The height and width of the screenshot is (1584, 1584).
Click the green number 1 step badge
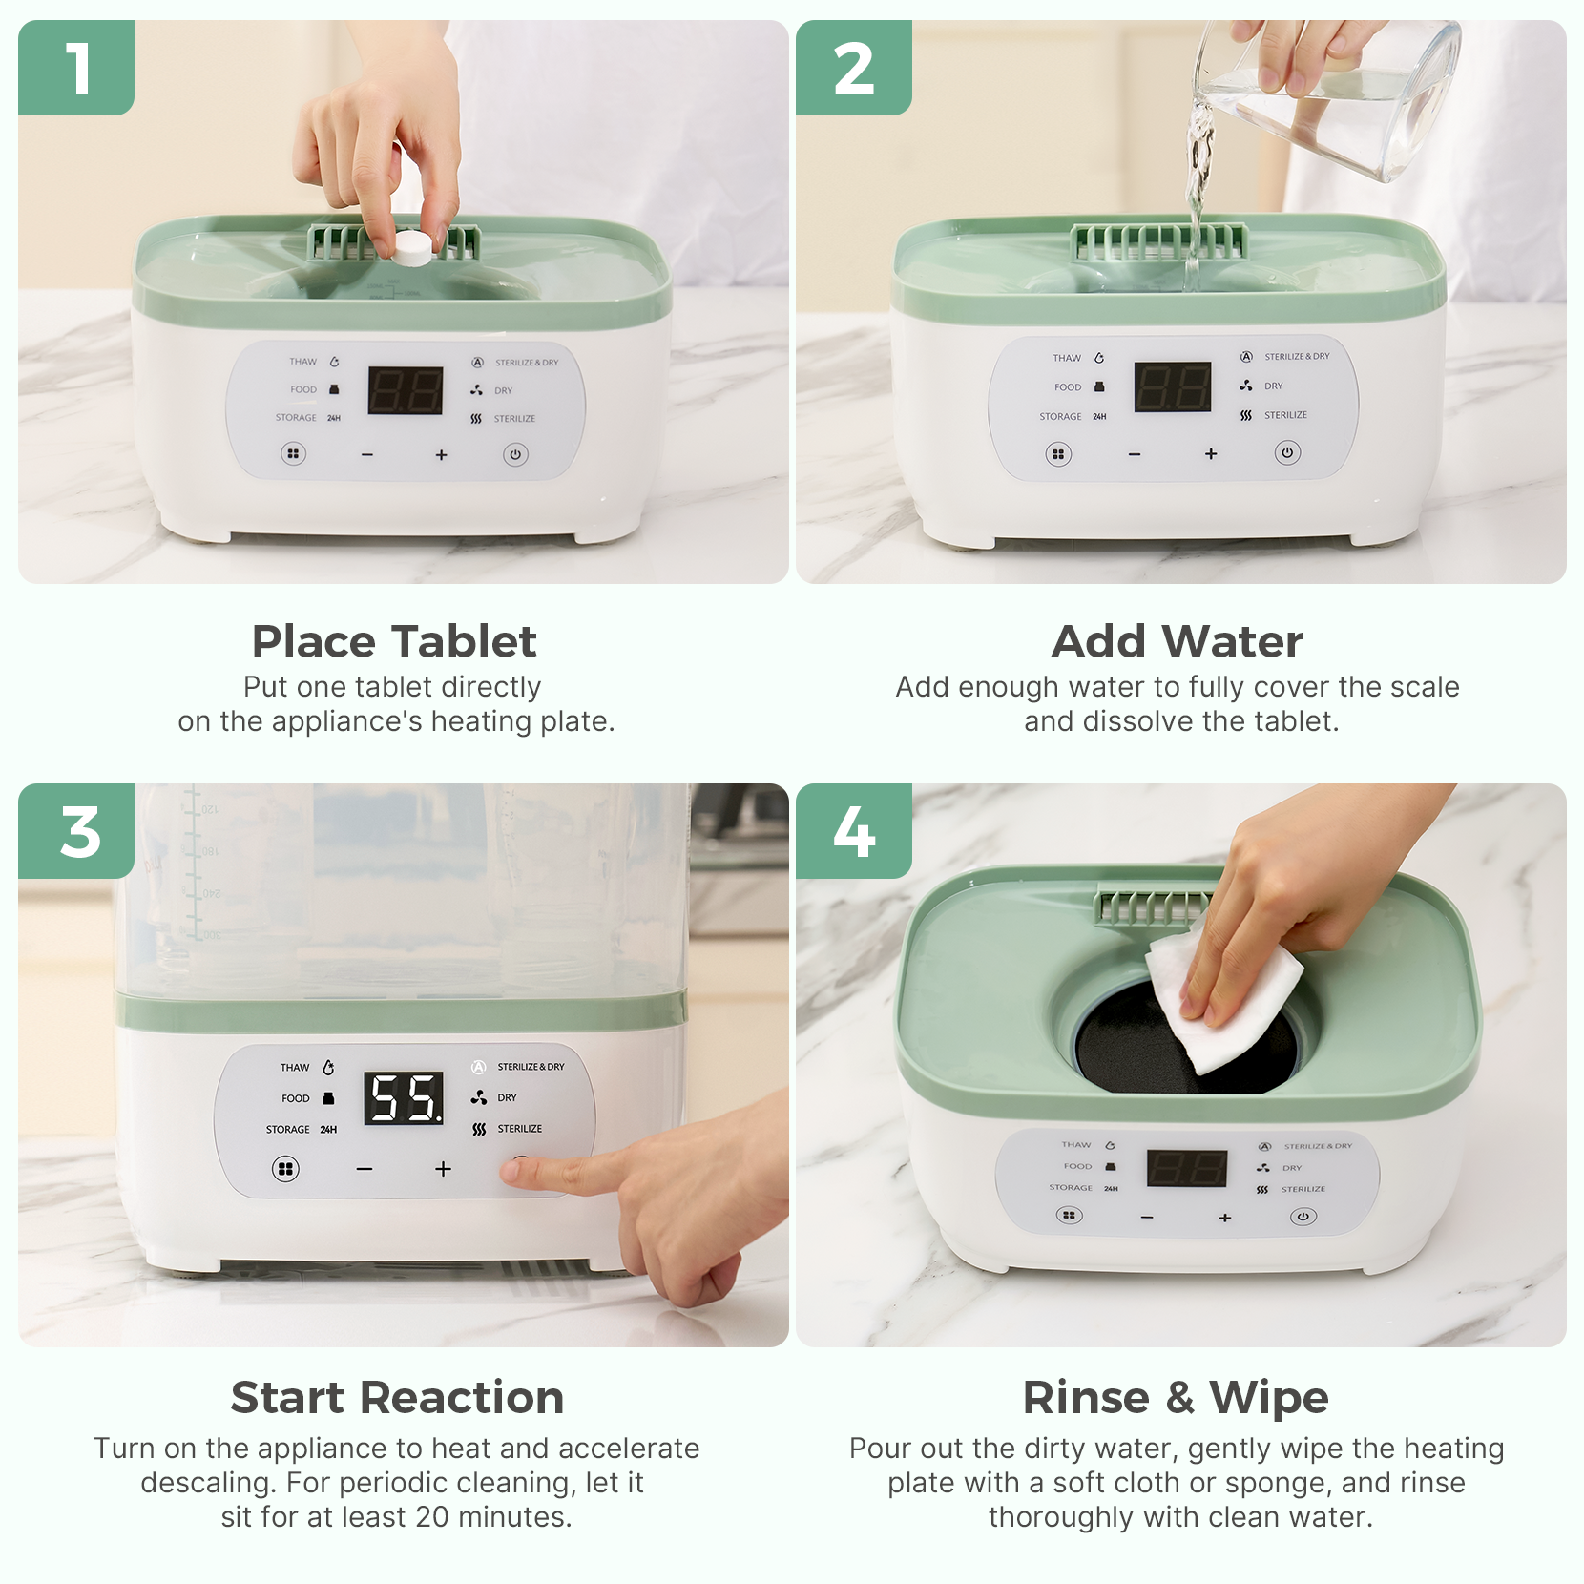(76, 68)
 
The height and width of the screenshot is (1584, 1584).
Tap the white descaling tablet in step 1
(413, 247)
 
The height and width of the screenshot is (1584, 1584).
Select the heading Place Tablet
(394, 641)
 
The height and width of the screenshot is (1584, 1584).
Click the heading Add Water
(1177, 641)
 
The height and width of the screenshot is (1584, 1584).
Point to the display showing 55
(405, 1097)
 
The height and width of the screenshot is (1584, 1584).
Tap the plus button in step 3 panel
(443, 1169)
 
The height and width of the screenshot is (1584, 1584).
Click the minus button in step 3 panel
(365, 1169)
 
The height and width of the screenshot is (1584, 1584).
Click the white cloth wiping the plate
(1221, 1002)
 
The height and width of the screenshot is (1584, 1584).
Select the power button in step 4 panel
(1303, 1217)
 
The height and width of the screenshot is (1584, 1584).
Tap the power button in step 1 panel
(515, 454)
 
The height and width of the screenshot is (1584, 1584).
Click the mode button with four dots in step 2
(1057, 454)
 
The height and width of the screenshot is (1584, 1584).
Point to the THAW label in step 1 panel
(302, 362)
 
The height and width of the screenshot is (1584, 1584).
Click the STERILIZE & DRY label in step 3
(531, 1067)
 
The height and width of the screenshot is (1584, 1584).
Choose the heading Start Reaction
(397, 1398)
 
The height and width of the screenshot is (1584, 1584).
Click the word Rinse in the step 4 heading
(1086, 1398)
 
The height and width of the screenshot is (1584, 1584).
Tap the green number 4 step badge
(853, 831)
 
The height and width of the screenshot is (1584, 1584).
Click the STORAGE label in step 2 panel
(1060, 417)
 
